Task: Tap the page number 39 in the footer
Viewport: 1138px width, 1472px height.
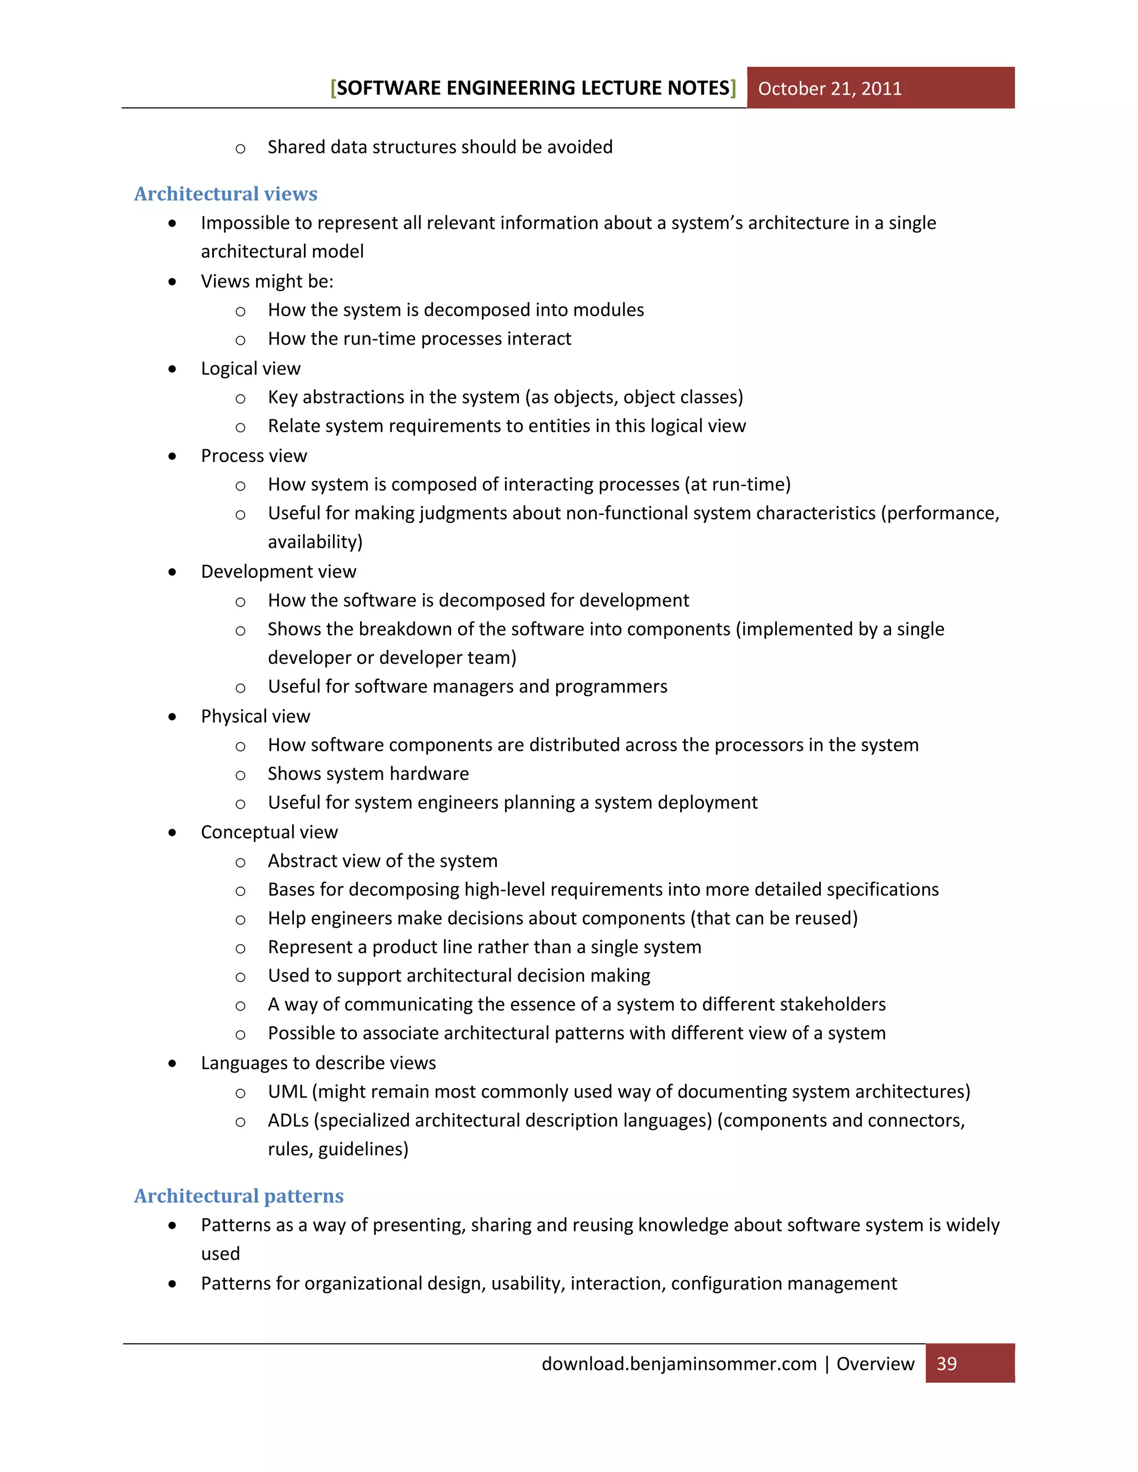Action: point(946,1364)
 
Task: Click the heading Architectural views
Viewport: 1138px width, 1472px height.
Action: point(225,194)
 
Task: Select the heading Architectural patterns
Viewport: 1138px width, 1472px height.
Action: point(238,1196)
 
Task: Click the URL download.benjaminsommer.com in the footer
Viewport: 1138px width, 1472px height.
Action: point(678,1364)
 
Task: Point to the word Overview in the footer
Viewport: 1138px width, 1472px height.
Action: point(875,1364)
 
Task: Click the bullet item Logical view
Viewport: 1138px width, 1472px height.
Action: point(250,369)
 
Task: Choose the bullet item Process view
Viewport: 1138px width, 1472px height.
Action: point(253,456)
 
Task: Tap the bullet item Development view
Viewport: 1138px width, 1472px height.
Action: point(278,572)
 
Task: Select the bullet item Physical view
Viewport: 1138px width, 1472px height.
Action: point(255,717)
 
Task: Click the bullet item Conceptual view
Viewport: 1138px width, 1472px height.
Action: point(269,833)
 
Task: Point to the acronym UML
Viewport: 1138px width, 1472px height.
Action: point(287,1092)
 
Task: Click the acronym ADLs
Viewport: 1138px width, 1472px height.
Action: point(288,1120)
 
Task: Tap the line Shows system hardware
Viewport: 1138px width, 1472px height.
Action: point(368,774)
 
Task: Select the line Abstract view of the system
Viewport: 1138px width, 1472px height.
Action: point(382,862)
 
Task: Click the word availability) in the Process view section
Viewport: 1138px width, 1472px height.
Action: point(315,542)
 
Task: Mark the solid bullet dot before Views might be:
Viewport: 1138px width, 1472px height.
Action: point(173,282)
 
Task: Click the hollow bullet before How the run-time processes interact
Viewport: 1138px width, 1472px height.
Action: point(240,340)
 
